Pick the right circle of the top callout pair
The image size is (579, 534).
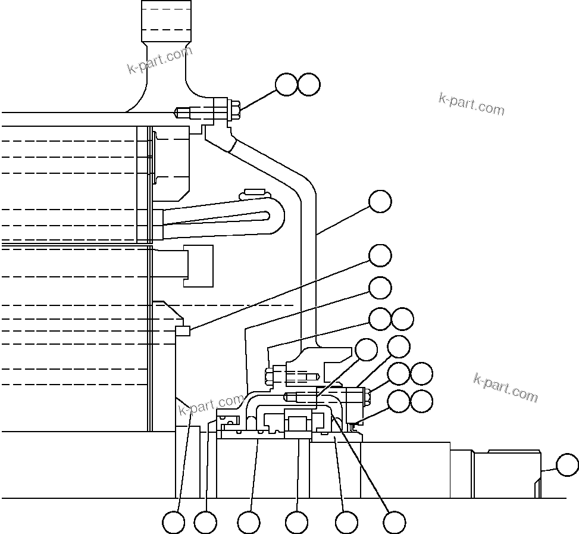coord(309,85)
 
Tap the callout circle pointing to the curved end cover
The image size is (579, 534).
coord(380,201)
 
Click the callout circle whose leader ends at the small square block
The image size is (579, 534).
coord(380,255)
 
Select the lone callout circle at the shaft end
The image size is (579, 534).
coord(567,464)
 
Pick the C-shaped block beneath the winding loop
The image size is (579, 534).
coord(200,266)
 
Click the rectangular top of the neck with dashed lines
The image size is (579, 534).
coord(166,20)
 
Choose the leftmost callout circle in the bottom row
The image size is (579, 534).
coord(174,523)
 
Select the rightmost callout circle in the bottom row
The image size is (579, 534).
coord(394,523)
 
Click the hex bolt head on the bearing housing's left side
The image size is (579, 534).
coord(268,376)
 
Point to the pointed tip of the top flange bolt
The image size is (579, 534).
coord(177,111)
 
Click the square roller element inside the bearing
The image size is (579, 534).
coord(297,424)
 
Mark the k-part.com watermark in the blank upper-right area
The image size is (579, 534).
coord(471,104)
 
